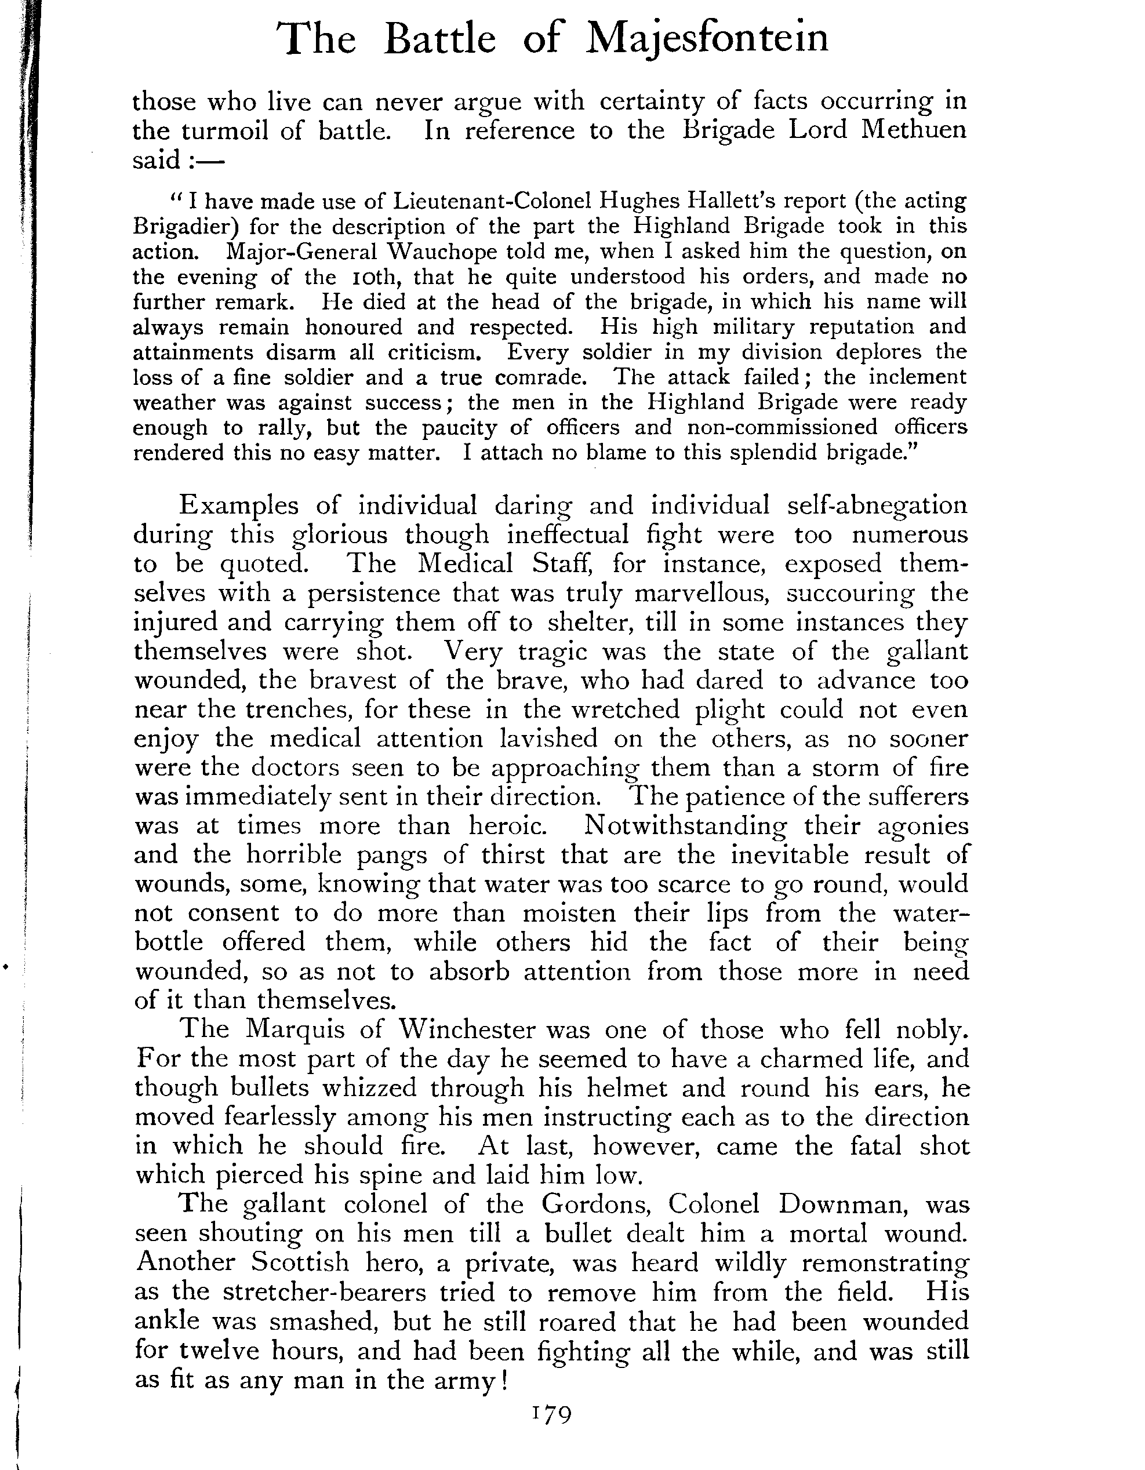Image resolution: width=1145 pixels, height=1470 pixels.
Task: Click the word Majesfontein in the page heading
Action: [707, 39]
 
